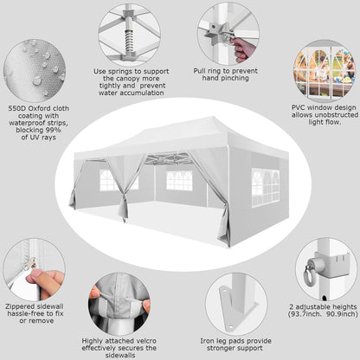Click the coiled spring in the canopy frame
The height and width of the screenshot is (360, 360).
click(x=130, y=39)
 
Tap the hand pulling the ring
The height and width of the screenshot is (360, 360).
click(x=243, y=49)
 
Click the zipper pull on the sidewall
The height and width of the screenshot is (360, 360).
click(x=34, y=263)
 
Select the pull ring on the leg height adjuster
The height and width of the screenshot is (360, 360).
click(x=309, y=275)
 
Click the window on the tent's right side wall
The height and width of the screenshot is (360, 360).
click(x=266, y=188)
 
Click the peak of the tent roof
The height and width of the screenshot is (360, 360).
click(x=213, y=118)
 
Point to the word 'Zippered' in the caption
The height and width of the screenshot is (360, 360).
click(x=20, y=306)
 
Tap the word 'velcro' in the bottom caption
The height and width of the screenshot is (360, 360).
click(x=145, y=341)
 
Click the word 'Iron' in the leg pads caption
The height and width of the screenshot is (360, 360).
click(x=207, y=341)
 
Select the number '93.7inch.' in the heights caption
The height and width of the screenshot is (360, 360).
click(x=306, y=314)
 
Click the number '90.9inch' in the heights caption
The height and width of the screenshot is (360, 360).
click(x=342, y=314)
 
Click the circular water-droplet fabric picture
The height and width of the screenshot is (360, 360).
click(x=35, y=70)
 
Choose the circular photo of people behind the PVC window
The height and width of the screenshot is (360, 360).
click(x=325, y=71)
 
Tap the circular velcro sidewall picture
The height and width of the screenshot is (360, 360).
click(x=119, y=305)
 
